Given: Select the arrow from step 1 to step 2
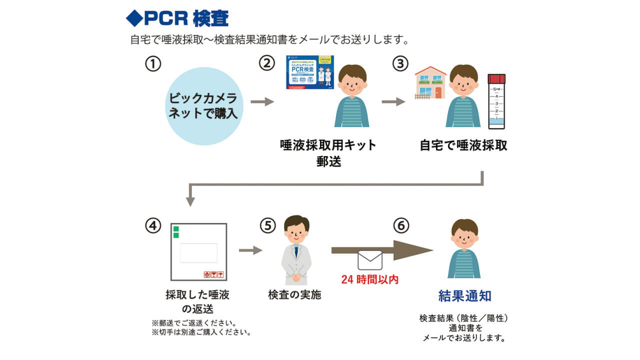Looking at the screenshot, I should pos(262,102).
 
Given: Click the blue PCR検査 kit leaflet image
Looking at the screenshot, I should pos(309,72).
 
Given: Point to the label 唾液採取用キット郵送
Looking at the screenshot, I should pos(328,153).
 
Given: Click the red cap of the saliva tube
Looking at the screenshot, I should pos(496,79).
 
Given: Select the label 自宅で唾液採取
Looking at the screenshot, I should pos(463,145).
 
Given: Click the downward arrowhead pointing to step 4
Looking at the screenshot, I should pos(190,201).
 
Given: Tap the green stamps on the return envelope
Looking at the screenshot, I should pos(176,231).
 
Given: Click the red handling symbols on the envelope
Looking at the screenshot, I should pos(213,274).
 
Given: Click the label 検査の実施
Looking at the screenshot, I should pos(294,295).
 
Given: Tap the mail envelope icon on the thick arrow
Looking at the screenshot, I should pos(370,260).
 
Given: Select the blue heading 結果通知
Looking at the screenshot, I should pos(464,295).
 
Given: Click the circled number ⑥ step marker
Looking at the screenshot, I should pos(400,225).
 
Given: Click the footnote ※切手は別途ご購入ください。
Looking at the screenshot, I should pos(201,332).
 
